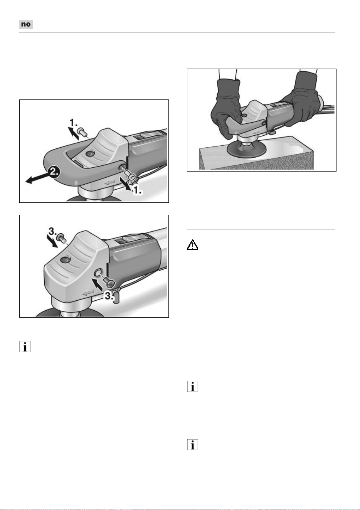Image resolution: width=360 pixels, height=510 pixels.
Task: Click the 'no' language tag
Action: point(26,24)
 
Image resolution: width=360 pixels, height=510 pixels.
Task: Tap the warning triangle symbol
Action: point(192,245)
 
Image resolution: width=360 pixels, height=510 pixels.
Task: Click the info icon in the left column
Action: point(25,347)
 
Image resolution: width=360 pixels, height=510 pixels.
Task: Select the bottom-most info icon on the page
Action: point(192,444)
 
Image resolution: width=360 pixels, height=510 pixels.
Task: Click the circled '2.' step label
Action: point(54,171)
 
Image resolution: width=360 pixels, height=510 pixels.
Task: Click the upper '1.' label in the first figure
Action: point(73,123)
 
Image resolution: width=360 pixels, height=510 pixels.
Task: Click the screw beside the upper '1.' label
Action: point(82,132)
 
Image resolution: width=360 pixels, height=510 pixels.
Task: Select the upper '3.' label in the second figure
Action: point(52,231)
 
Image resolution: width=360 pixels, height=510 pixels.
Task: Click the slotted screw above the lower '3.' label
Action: point(110,282)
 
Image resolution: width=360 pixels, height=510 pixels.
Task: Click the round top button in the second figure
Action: point(66,260)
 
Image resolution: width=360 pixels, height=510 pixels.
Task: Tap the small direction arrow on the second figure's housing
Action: point(88,293)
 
